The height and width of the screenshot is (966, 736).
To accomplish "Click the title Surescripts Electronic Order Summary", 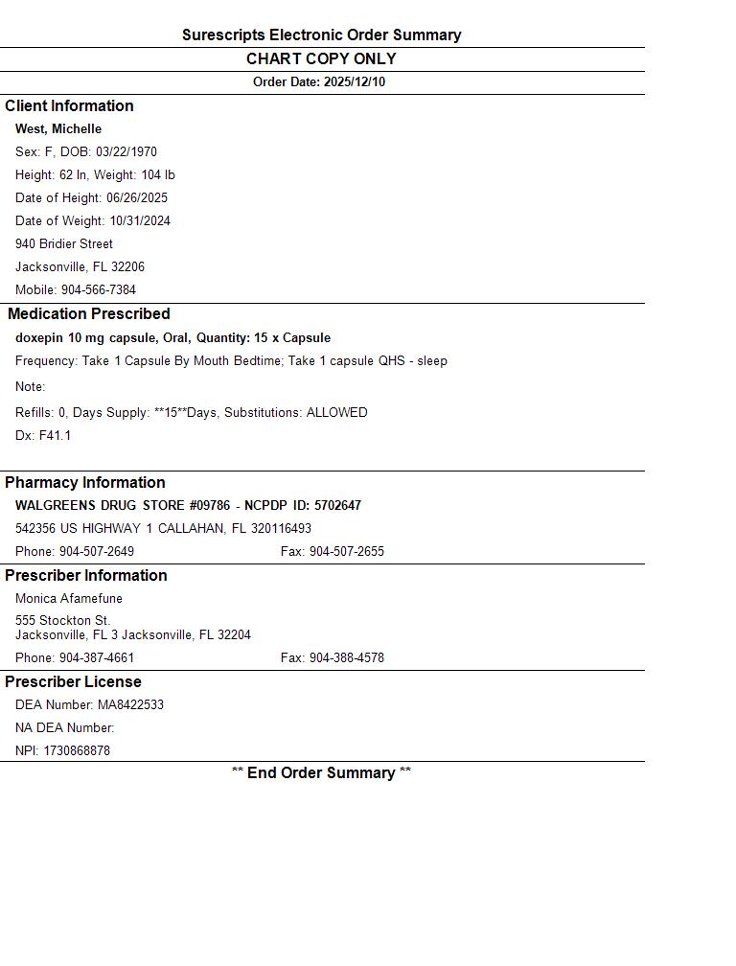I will click(321, 35).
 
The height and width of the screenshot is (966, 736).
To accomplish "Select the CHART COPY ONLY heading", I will click(321, 59).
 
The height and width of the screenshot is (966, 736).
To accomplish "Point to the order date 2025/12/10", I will click(355, 82).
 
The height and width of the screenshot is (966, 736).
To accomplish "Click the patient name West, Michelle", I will click(58, 129).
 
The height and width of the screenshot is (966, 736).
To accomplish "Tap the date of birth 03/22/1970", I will click(126, 152).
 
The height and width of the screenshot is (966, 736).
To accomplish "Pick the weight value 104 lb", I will click(158, 175).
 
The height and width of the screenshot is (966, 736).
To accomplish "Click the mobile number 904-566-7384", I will click(99, 290).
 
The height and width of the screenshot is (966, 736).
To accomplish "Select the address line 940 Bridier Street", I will click(64, 244).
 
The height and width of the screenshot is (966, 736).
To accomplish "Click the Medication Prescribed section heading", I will click(89, 314).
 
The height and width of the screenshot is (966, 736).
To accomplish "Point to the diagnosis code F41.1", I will click(55, 436).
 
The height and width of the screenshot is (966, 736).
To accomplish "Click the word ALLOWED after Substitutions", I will click(336, 413).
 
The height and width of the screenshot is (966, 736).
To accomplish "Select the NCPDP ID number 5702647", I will click(337, 506).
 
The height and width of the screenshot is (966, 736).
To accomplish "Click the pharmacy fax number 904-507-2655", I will click(346, 552).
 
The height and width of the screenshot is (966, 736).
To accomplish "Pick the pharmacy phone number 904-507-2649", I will click(97, 552).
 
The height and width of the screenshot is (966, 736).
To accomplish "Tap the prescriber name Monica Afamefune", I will click(69, 599).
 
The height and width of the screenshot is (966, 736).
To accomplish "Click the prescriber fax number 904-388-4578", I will click(346, 658).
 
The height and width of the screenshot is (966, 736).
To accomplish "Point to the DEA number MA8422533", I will click(130, 705).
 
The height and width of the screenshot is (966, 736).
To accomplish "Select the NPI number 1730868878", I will click(77, 751).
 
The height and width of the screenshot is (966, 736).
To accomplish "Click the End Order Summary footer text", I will click(321, 773).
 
